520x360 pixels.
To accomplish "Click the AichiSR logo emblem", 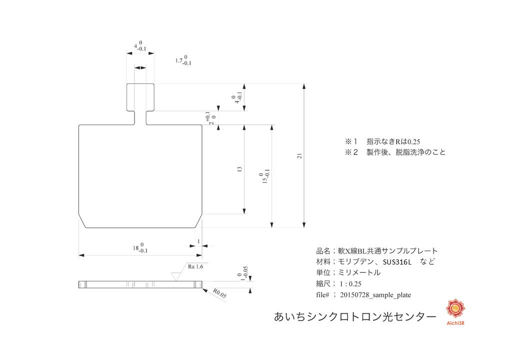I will pyautogui.click(x=455, y=310).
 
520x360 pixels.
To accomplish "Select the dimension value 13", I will pyautogui.click(x=240, y=169).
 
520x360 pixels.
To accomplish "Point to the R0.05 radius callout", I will pyautogui.click(x=219, y=293).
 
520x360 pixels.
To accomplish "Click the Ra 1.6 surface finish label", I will pyautogui.click(x=195, y=266).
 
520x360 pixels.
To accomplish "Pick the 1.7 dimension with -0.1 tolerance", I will pyautogui.click(x=183, y=60).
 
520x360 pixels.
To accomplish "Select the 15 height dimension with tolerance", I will pyautogui.click(x=264, y=178).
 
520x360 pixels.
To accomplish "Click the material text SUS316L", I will pyautogui.click(x=397, y=261).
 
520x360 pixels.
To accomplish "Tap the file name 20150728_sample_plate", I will pyautogui.click(x=375, y=295).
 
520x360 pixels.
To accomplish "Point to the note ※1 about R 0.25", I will pyautogui.click(x=385, y=141).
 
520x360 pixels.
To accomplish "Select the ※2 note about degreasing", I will pyautogui.click(x=395, y=152).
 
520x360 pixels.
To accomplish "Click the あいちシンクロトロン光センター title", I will pyautogui.click(x=354, y=316).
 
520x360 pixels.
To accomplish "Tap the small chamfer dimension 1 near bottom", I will pyautogui.click(x=198, y=241).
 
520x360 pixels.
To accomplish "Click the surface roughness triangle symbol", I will pyautogui.click(x=176, y=275).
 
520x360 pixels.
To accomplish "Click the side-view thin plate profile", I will pyautogui.click(x=140, y=284).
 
